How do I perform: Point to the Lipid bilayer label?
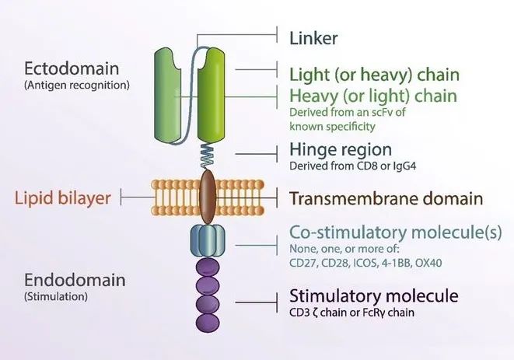pos(62,197)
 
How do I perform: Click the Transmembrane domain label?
pos(386,198)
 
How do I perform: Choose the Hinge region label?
pos(340,149)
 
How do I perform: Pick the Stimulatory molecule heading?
pos(373,296)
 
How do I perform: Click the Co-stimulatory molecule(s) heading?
pos(383,232)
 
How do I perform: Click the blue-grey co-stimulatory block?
pos(208,239)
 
